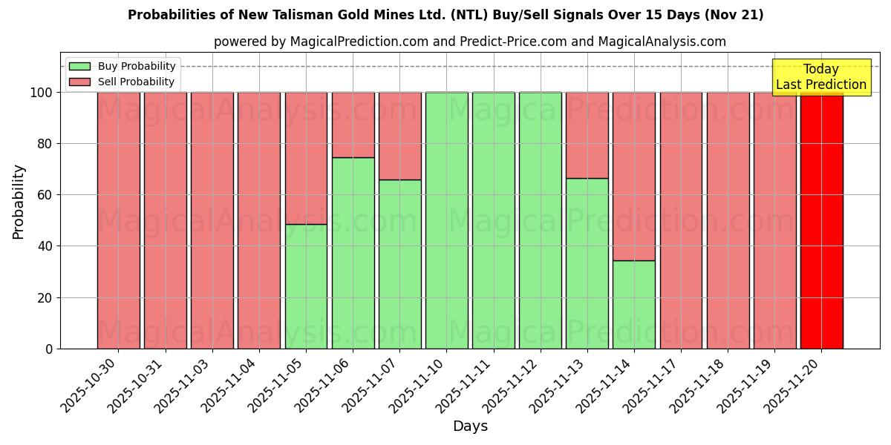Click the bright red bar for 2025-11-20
(x=821, y=220)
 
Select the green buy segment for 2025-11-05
(x=306, y=286)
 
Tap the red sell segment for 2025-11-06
(x=353, y=125)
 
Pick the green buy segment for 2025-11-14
(x=634, y=304)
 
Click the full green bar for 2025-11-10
(x=446, y=220)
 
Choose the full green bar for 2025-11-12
(x=540, y=220)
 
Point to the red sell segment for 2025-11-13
(x=587, y=135)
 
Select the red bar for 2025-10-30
(x=118, y=220)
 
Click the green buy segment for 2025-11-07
(x=399, y=264)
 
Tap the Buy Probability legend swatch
(x=79, y=66)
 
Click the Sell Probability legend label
(x=136, y=82)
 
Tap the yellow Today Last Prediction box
(x=821, y=77)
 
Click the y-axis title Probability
(x=19, y=202)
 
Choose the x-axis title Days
(x=470, y=426)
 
